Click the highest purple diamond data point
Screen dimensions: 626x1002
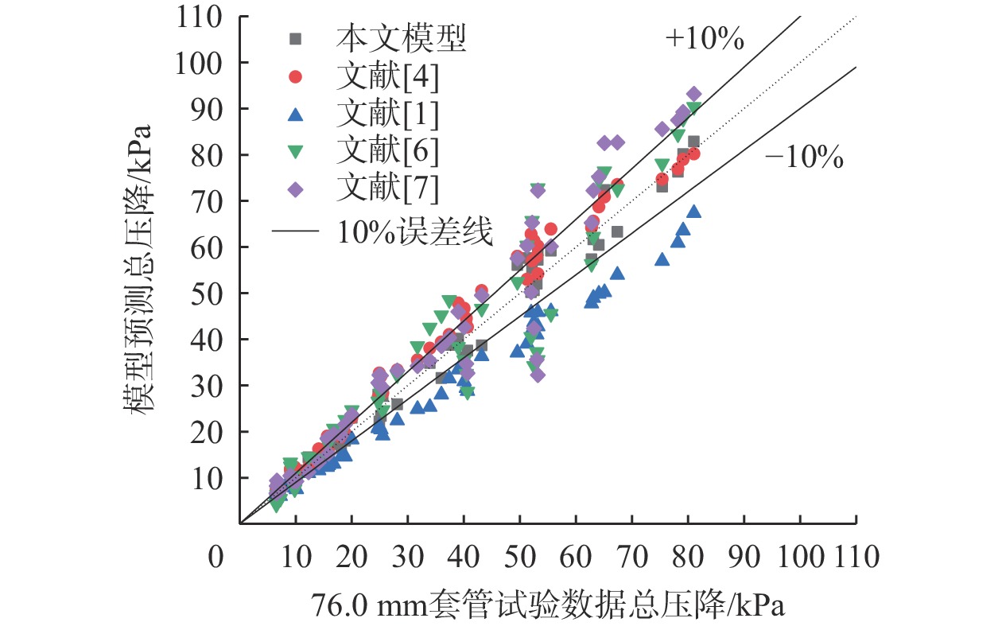[x=693, y=94]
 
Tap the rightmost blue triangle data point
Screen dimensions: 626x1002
[x=694, y=212]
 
